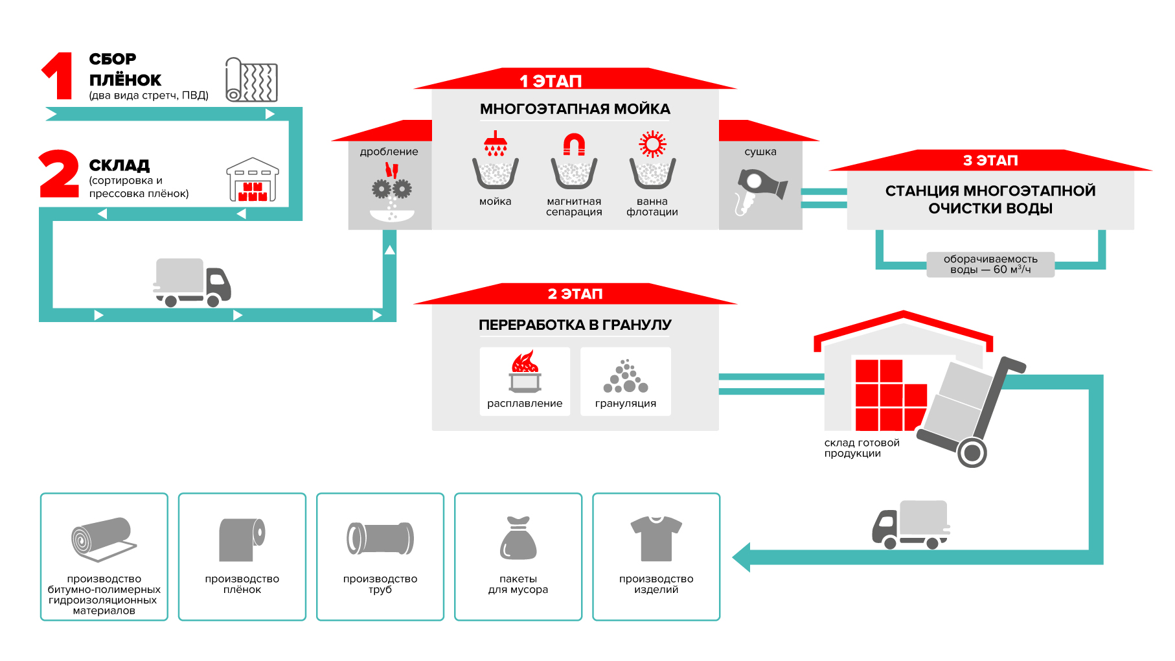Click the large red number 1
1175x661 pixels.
tap(59, 76)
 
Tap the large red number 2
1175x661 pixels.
tap(59, 174)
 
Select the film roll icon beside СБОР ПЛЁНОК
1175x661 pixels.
tap(251, 80)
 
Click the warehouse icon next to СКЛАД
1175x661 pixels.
tap(253, 180)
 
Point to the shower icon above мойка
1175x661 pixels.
tap(496, 144)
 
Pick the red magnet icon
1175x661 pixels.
tap(574, 145)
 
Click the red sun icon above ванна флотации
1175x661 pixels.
tap(652, 144)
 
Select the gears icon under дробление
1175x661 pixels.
tap(391, 189)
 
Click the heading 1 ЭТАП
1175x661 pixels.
tap(551, 81)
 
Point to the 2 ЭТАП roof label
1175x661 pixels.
tap(575, 294)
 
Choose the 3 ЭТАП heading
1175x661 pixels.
tap(990, 161)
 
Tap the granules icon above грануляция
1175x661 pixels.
tap(625, 377)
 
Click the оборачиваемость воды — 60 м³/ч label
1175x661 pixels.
tap(990, 264)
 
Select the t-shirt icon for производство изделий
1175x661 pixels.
tap(656, 538)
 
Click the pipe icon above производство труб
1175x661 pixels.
tap(380, 539)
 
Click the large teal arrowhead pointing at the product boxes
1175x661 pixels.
tap(742, 557)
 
